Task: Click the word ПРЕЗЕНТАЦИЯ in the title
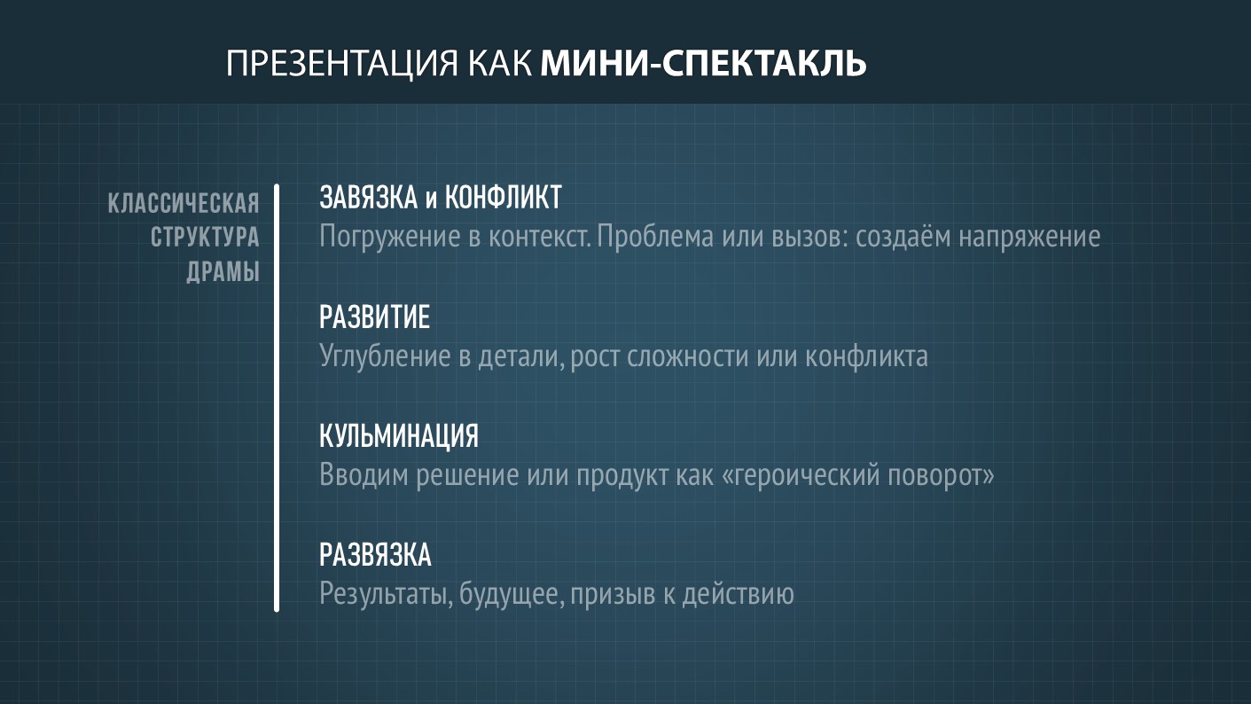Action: (x=342, y=63)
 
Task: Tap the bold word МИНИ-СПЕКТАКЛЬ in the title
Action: (x=703, y=63)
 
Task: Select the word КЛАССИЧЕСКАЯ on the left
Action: (x=184, y=203)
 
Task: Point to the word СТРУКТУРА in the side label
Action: (x=205, y=238)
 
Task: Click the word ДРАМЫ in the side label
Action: (x=223, y=272)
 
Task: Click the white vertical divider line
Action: (x=277, y=398)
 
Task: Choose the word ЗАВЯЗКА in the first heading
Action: (x=369, y=198)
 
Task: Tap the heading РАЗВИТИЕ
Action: (x=375, y=317)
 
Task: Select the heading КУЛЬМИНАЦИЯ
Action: (x=399, y=436)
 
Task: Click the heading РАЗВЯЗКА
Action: (x=375, y=555)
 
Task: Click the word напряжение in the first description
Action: (x=1030, y=237)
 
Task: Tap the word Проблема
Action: (x=655, y=237)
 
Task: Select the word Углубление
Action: (x=385, y=356)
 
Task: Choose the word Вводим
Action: (x=364, y=475)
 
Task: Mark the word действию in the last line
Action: (x=738, y=593)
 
